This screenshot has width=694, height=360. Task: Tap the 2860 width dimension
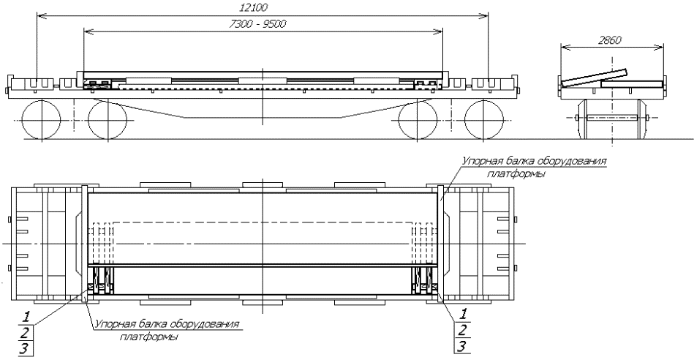(610, 40)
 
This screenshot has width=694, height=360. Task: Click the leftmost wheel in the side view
(41, 120)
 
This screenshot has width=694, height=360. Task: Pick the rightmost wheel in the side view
(484, 120)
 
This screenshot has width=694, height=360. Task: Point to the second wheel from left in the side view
(108, 120)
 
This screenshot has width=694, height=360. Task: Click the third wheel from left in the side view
(418, 120)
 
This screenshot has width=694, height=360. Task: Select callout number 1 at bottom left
(26, 317)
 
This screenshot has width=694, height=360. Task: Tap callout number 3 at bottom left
(25, 348)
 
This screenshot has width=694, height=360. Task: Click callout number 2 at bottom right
(462, 330)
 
